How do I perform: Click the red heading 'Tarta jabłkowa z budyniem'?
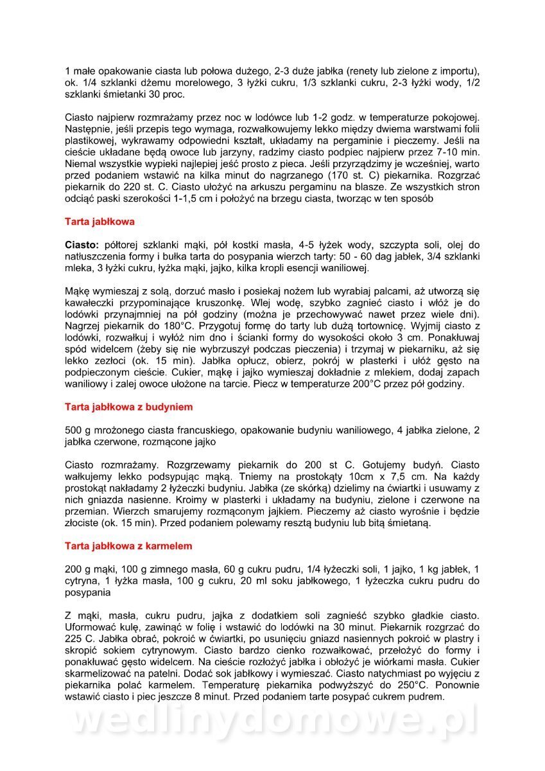coord(128,407)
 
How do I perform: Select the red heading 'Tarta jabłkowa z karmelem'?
coord(128,545)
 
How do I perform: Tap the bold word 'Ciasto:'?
coord(82,245)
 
